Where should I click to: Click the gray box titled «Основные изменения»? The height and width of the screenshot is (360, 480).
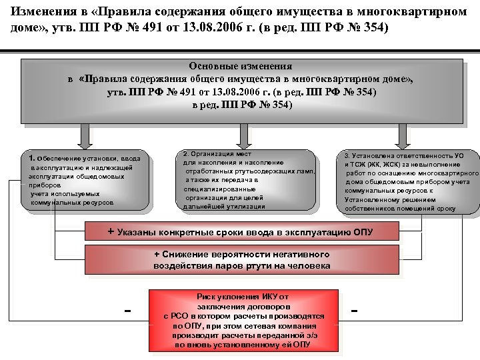pos(241,91)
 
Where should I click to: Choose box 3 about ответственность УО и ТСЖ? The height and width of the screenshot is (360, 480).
pos(409,182)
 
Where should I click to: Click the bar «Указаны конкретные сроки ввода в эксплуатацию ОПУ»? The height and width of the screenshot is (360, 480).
pos(241,232)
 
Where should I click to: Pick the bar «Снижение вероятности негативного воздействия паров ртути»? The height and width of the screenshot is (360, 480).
pos(241,260)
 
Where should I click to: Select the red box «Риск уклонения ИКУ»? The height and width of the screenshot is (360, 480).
pos(243,321)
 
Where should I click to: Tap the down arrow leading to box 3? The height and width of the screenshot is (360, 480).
pos(402,136)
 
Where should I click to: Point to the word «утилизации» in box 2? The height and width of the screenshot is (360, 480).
pos(243,207)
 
